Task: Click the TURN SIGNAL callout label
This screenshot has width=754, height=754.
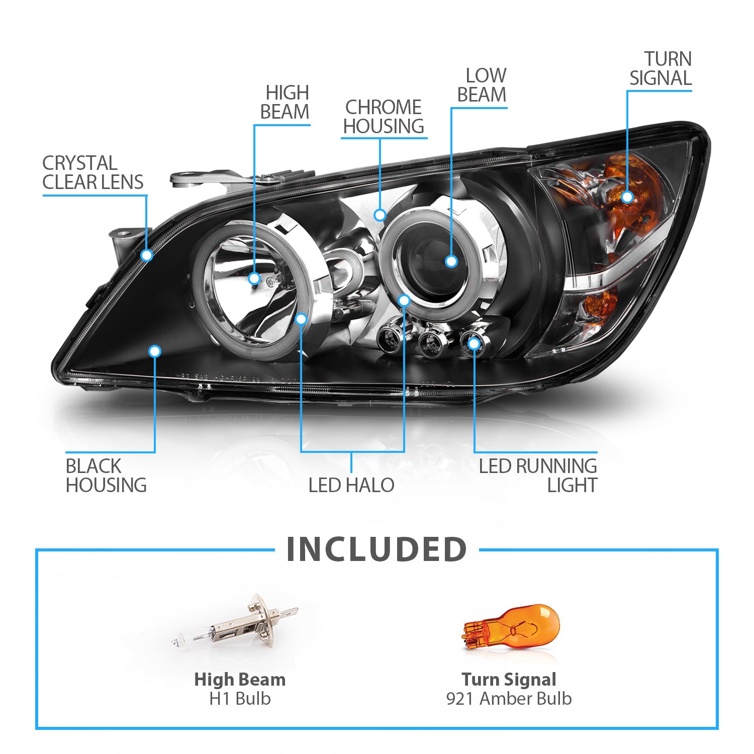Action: tap(661, 68)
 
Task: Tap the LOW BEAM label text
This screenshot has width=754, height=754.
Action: tap(482, 85)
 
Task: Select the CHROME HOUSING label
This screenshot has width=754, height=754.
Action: tap(384, 117)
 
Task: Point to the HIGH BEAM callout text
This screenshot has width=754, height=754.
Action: tap(285, 102)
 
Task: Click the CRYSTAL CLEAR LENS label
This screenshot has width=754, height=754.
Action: tap(92, 172)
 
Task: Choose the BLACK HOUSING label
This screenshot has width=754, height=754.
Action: tap(106, 476)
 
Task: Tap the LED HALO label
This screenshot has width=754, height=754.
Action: tap(351, 485)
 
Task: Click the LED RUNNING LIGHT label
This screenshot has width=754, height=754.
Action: tap(538, 476)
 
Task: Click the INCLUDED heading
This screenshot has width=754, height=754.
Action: tap(376, 549)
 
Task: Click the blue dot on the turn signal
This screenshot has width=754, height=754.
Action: tap(627, 197)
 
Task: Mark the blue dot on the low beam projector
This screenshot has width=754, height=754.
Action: tap(451, 261)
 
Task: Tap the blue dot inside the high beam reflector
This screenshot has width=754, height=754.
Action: tap(254, 278)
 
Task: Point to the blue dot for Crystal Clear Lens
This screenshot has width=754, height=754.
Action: tap(147, 255)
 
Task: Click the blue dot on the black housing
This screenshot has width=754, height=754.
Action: tap(155, 351)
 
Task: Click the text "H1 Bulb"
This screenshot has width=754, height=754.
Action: tap(240, 698)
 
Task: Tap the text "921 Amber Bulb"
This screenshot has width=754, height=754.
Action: tap(509, 698)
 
